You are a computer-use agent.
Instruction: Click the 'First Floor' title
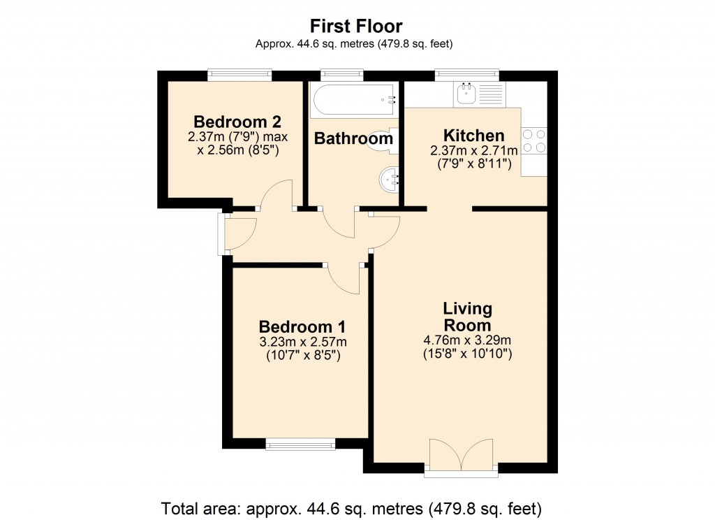click(356, 27)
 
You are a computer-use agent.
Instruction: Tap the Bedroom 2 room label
click(237, 122)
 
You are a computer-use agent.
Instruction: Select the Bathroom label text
click(353, 138)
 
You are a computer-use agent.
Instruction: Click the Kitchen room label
click(474, 136)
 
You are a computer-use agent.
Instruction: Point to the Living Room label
click(467, 317)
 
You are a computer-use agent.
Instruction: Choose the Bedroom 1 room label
click(302, 327)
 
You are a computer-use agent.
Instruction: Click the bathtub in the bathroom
click(353, 100)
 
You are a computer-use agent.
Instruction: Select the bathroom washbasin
click(388, 180)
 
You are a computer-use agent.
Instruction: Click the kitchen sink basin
click(466, 94)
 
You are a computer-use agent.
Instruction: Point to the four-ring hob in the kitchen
click(534, 140)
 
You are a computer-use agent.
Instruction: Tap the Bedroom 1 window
click(300, 443)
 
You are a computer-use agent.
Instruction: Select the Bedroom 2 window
click(240, 75)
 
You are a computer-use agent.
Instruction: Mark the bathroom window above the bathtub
click(342, 75)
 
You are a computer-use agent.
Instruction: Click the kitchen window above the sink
click(466, 75)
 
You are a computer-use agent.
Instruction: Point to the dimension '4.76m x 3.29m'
click(467, 340)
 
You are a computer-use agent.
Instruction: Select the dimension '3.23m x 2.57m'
click(303, 342)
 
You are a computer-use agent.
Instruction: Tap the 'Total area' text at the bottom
click(351, 508)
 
